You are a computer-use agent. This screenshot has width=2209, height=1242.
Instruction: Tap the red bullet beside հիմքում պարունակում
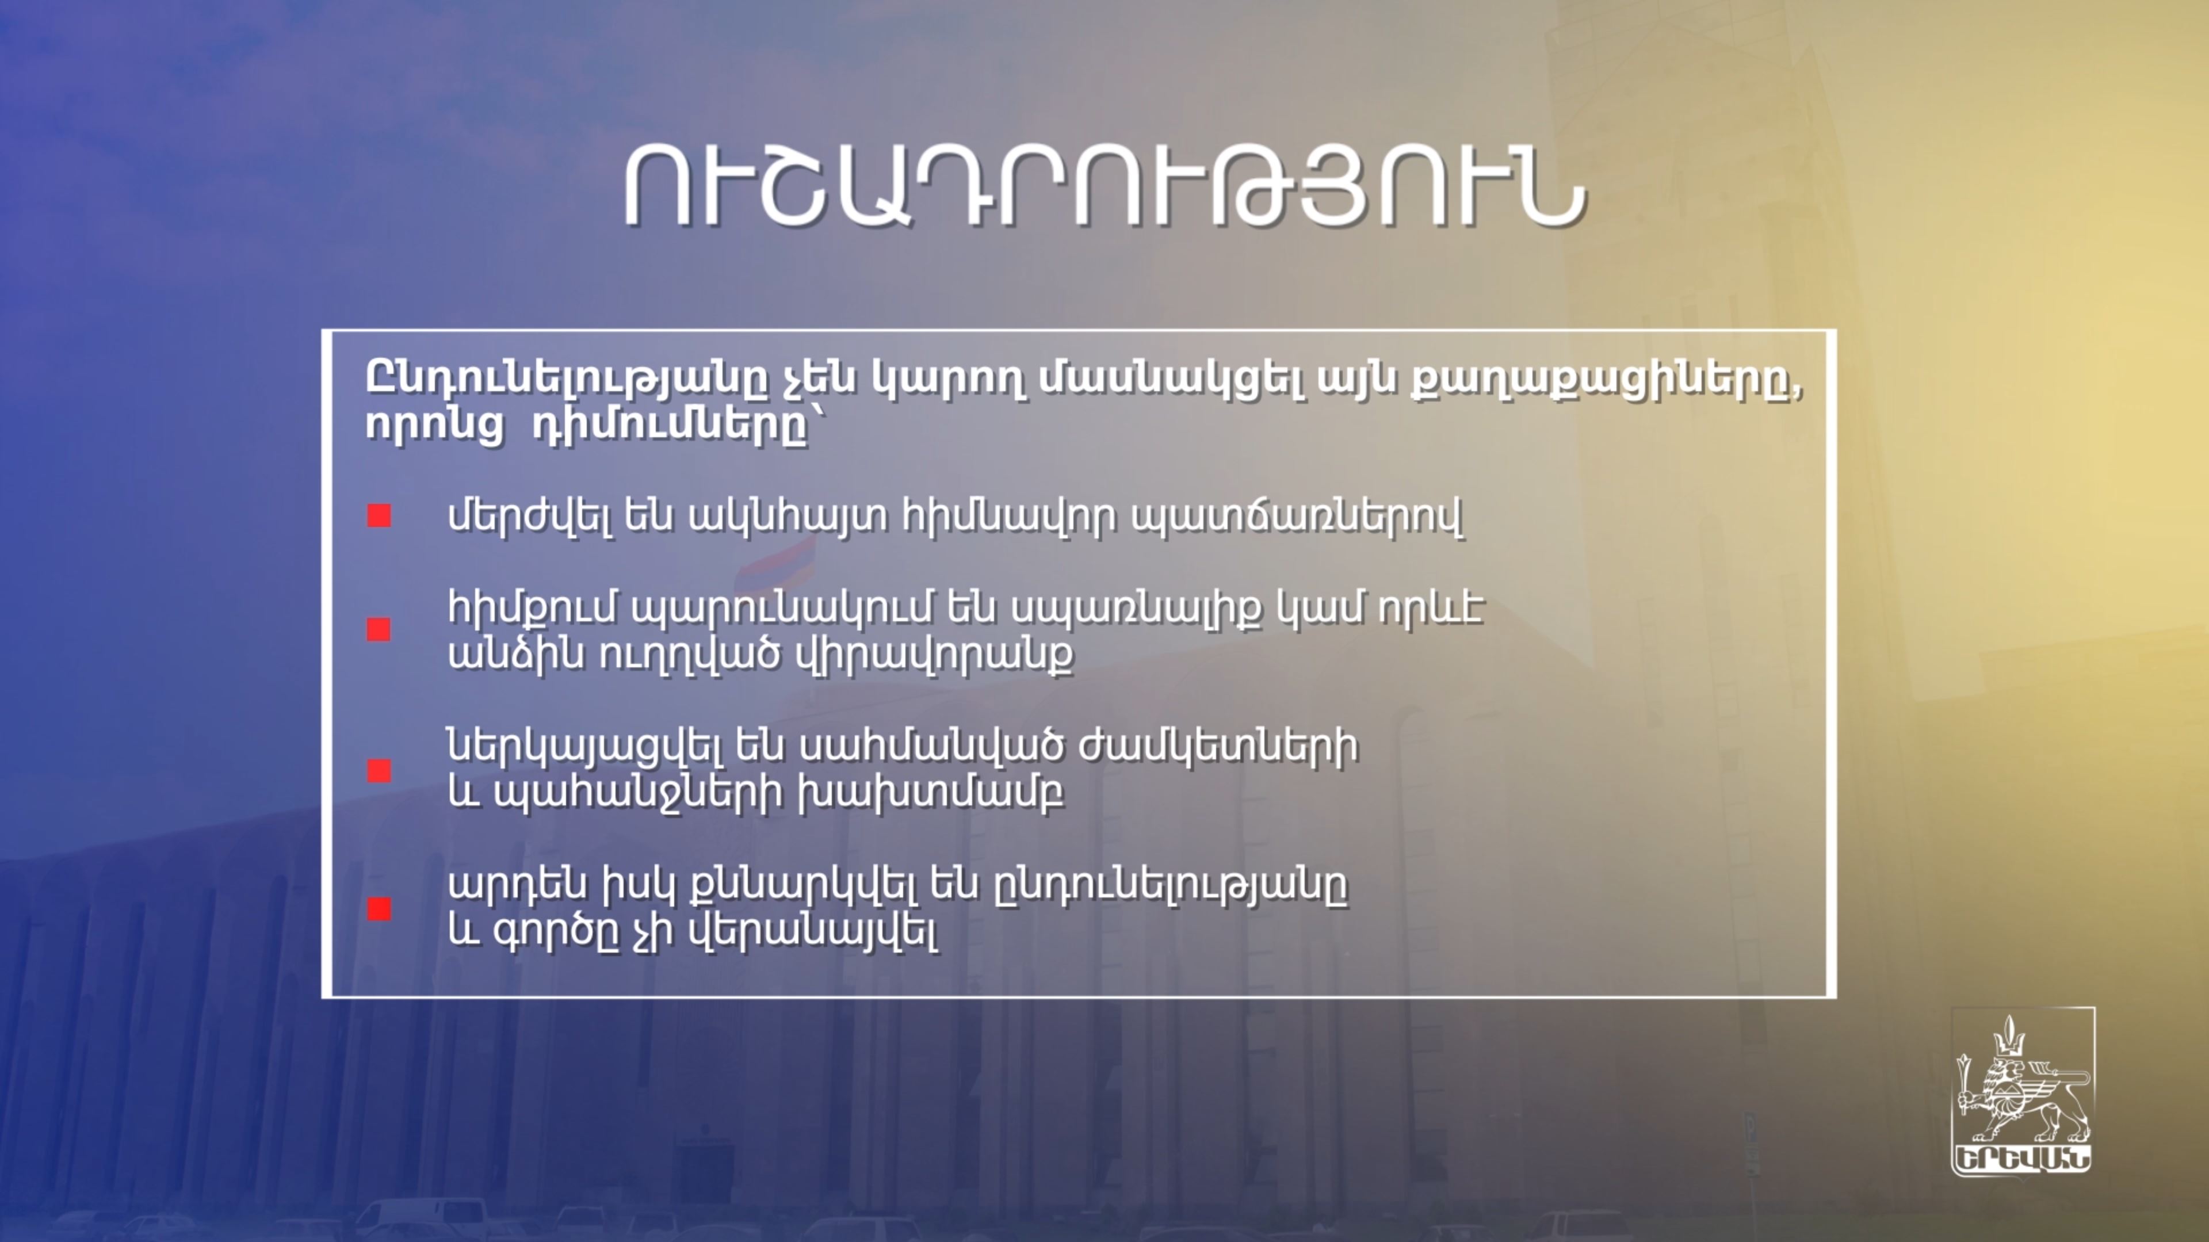(x=379, y=629)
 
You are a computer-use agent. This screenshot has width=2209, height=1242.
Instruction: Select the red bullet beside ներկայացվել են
(x=379, y=770)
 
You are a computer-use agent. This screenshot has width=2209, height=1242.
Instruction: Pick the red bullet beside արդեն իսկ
(x=379, y=908)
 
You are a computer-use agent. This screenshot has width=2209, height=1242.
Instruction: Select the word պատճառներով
(x=1297, y=517)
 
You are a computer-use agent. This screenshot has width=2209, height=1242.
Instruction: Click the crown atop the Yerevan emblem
(x=2008, y=1038)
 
